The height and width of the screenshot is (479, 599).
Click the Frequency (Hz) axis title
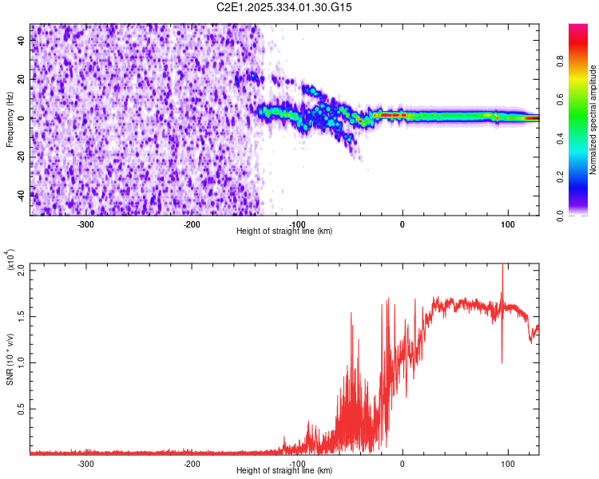click(x=10, y=120)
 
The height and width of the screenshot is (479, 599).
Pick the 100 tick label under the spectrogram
click(x=508, y=224)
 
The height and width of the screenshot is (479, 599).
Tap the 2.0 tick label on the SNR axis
click(x=21, y=270)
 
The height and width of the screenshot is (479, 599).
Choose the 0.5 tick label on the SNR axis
click(x=21, y=409)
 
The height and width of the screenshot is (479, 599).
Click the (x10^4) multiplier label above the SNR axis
click(x=10, y=260)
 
